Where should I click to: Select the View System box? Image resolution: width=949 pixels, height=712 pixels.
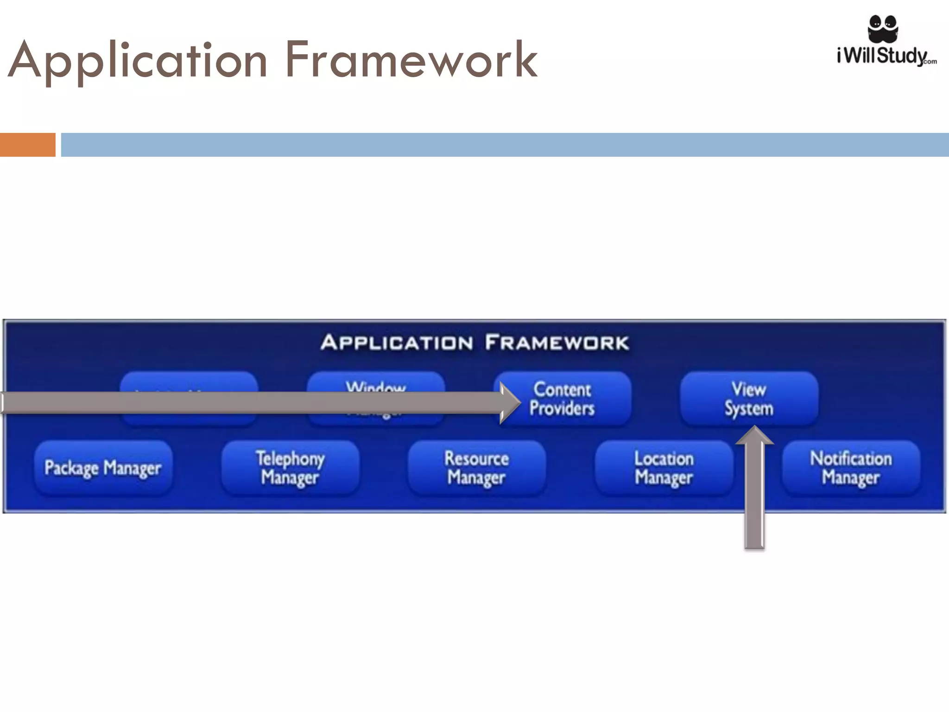click(749, 399)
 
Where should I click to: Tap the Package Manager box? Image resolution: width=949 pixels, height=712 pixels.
click(103, 468)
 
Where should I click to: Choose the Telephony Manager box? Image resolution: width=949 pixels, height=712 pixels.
click(290, 468)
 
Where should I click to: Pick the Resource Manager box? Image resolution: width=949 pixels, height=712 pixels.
click(476, 468)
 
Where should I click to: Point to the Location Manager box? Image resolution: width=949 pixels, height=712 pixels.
click(664, 468)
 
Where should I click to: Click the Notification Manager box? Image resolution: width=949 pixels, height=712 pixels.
click(851, 468)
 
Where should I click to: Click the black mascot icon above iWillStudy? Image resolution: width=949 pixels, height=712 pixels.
click(883, 28)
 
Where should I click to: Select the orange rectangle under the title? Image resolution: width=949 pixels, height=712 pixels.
click(27, 145)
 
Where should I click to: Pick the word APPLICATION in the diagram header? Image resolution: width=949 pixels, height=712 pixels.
click(397, 343)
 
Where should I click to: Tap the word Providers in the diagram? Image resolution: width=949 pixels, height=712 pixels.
click(562, 408)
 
